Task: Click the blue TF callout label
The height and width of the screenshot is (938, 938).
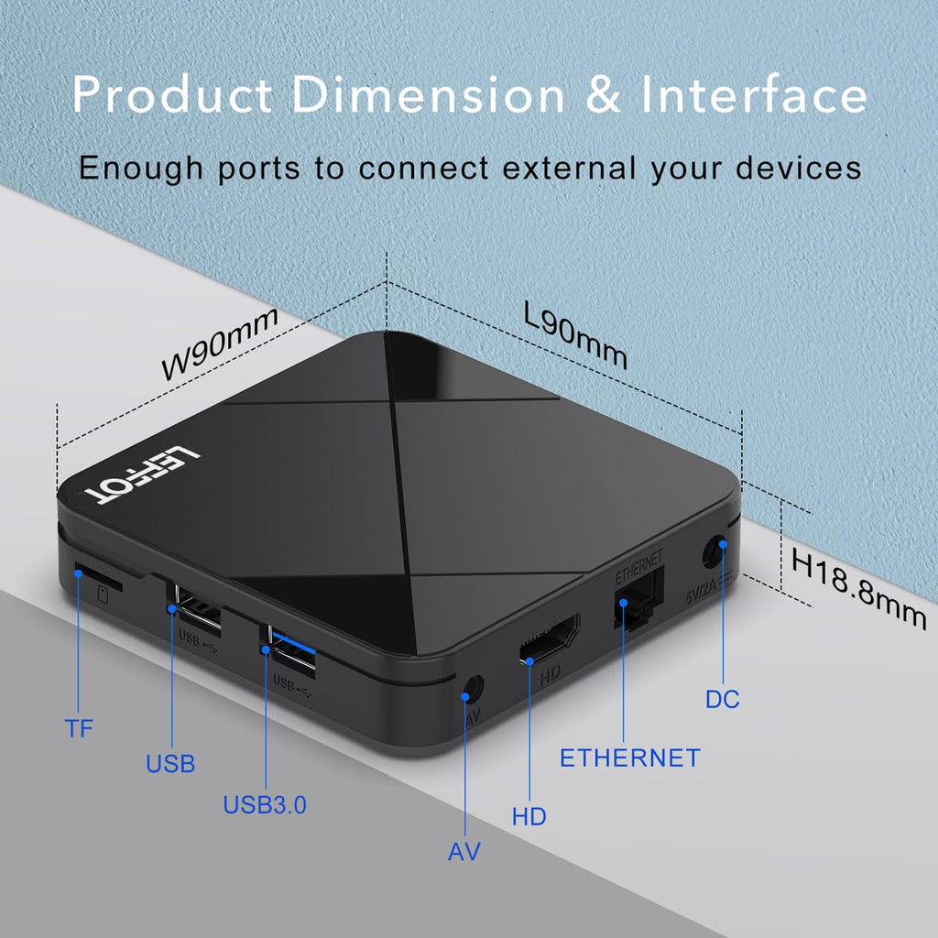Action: (x=79, y=729)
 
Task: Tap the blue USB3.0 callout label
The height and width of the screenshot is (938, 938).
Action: (x=265, y=805)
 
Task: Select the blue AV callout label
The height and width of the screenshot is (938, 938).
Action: (x=464, y=851)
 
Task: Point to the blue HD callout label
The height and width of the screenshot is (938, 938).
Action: (x=529, y=816)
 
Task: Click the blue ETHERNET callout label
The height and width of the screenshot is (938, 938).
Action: (x=629, y=758)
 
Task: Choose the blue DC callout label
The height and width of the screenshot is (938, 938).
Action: (x=722, y=700)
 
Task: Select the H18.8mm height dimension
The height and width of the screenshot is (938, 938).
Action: (x=858, y=586)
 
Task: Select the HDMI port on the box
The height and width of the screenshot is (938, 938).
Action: (x=550, y=638)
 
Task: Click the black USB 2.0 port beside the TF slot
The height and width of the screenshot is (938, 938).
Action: (x=195, y=608)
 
